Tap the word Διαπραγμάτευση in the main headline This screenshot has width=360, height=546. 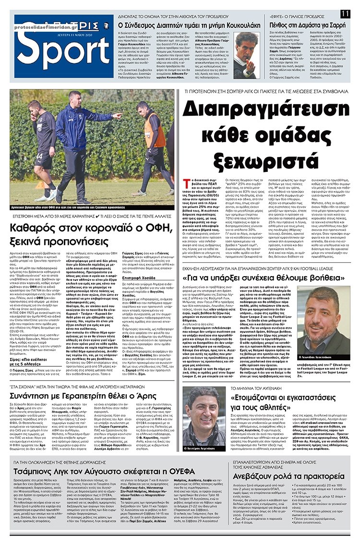[265, 113]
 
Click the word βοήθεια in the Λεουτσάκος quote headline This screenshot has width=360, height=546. [323, 263]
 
